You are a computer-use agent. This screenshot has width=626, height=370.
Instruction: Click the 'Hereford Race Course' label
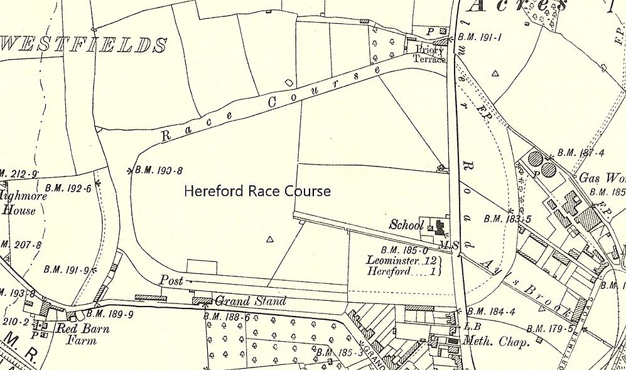coord(257,191)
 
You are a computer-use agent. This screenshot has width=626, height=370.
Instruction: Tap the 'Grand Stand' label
coord(251,301)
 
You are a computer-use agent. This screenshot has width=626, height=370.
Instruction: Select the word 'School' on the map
coord(406,224)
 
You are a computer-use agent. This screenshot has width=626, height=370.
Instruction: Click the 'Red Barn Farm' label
coord(84,334)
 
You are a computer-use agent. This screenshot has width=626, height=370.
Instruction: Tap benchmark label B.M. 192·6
coord(69,187)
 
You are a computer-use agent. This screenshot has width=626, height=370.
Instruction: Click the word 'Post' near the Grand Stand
coord(171,281)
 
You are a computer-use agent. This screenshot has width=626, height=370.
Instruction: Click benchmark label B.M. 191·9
coord(65,269)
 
